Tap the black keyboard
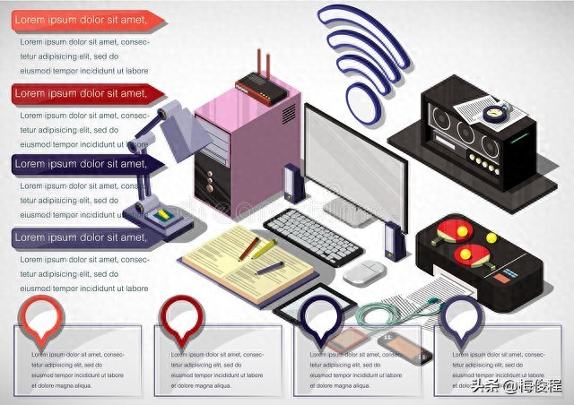click(x=313, y=235)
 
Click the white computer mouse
click(x=364, y=272)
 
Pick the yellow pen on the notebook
click(x=262, y=249)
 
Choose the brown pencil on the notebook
click(x=248, y=248)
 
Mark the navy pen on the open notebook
click(x=269, y=268)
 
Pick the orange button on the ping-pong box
click(x=491, y=238)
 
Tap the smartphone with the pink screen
click(x=346, y=339)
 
